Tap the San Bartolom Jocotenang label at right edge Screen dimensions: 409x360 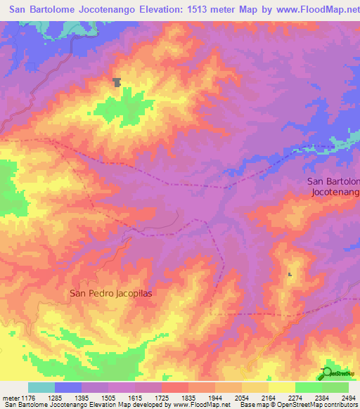[x=334, y=186]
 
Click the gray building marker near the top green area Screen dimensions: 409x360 [x=117, y=82]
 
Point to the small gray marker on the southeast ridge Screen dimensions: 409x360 [x=290, y=274]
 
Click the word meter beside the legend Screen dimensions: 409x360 [x=8, y=397]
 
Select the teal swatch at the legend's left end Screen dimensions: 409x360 [x=41, y=387]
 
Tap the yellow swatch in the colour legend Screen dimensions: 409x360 [x=282, y=387]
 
